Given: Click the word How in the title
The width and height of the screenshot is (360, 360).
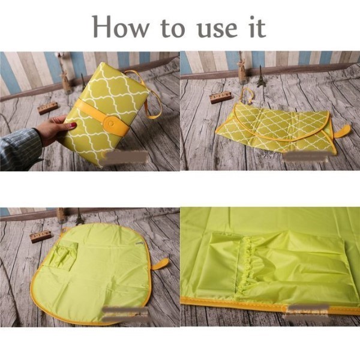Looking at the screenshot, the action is [x=121, y=26].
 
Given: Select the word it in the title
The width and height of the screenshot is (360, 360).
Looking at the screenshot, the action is [x=257, y=26].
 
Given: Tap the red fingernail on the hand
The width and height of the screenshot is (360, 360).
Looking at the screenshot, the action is [x=73, y=125].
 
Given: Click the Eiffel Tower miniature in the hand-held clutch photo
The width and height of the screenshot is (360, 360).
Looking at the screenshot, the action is [x=83, y=82].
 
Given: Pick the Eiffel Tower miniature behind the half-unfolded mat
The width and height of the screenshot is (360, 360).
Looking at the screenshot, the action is [x=260, y=76].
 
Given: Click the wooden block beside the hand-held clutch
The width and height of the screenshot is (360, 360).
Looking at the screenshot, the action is [x=47, y=107].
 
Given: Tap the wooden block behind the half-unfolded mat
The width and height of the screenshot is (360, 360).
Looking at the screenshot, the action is [x=221, y=97].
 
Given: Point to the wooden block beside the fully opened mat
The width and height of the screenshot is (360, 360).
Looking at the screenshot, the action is [x=40, y=238].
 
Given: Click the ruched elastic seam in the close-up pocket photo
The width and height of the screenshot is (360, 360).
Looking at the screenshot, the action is [x=245, y=268].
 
